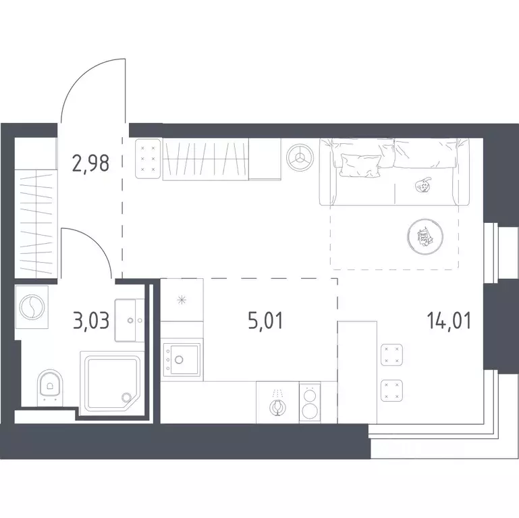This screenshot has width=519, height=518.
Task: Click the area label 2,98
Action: coord(90,163)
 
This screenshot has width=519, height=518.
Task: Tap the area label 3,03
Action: coord(90,321)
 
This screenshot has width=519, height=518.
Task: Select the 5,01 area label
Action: coord(265,321)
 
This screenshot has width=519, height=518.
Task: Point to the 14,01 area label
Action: coord(449,321)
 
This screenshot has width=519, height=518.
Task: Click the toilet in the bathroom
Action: coord(50,386)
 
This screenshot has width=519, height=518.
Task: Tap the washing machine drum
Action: coord(32,307)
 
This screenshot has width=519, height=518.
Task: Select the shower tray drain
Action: coord(126,397)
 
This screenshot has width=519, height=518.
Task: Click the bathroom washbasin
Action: coord(130,320)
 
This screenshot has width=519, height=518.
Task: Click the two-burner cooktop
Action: coord(310,403)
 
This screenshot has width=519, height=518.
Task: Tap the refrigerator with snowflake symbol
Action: coord(182,300)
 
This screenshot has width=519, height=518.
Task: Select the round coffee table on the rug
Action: coord(425,236)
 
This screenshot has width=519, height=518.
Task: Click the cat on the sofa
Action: coord(422,186)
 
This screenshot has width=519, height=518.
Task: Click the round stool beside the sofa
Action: coord(300,157)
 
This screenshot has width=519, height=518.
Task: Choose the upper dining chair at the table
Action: coord(391,355)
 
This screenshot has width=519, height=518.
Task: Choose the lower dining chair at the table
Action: coord(391,390)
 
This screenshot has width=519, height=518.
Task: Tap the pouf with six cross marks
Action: coord(148,159)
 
